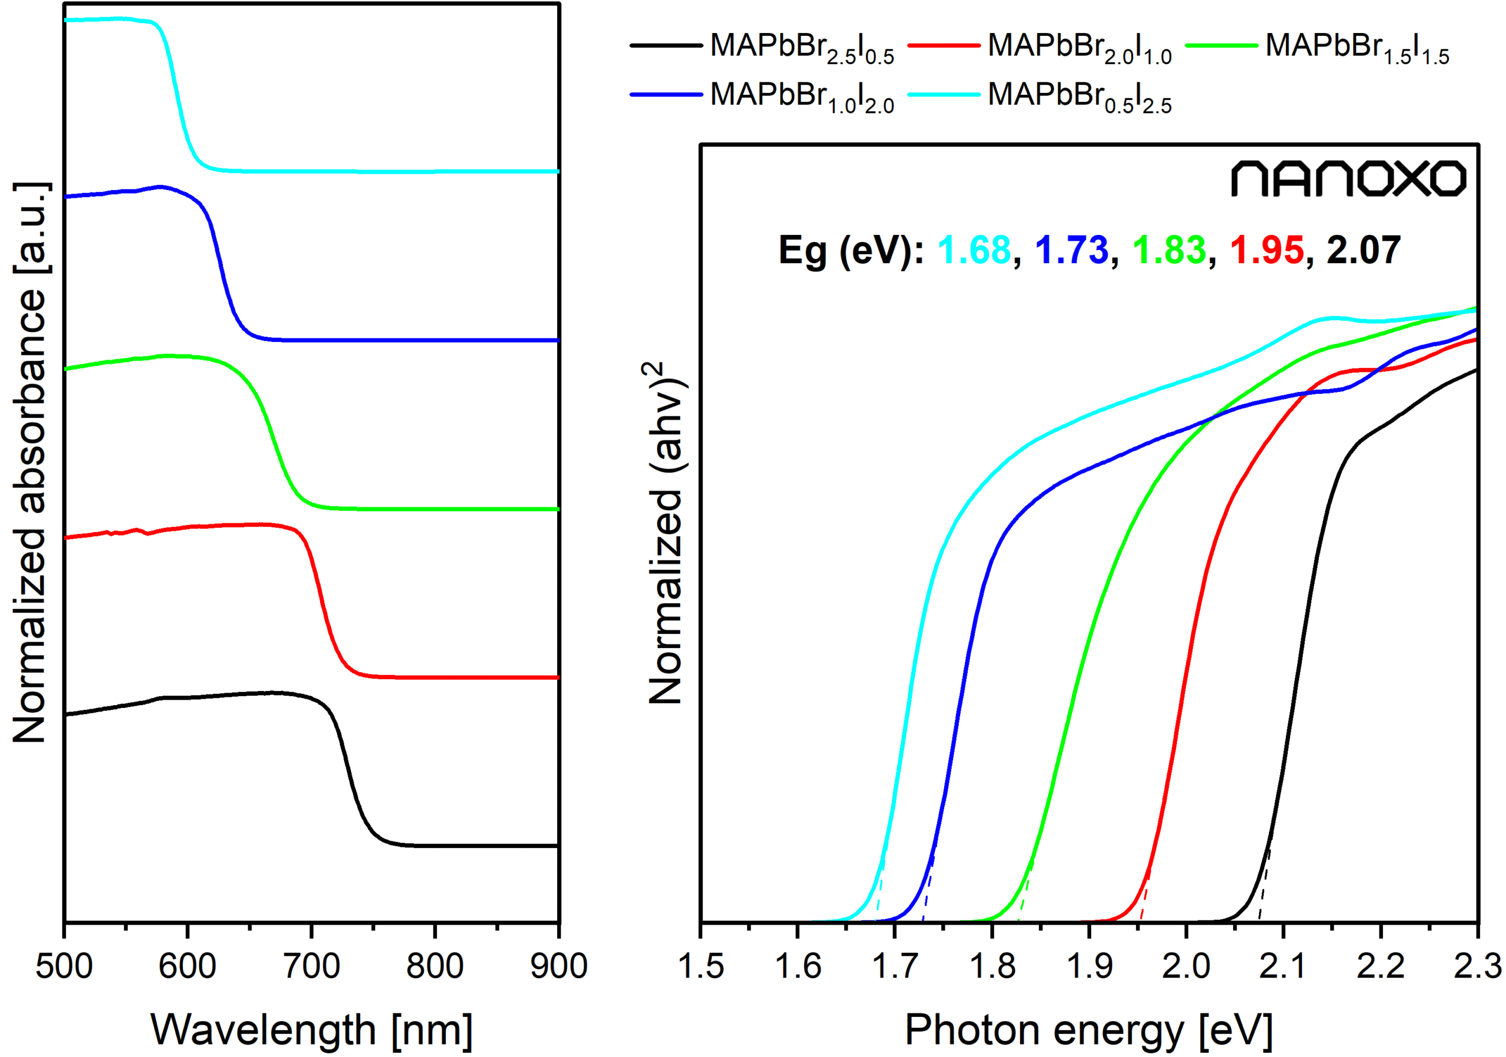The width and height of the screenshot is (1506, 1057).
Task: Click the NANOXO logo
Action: coord(1347,178)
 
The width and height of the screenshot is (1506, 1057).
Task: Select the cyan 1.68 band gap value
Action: coord(974,250)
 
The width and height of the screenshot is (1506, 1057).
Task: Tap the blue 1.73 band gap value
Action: coord(1071,250)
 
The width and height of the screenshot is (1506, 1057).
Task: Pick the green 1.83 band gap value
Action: coord(1169,250)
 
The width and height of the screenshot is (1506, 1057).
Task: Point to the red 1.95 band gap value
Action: coord(1267,250)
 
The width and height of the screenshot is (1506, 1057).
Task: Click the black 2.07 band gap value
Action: coord(1364,250)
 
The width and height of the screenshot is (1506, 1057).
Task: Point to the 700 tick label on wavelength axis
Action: coord(312,966)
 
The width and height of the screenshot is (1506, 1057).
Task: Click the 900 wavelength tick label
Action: coord(559,966)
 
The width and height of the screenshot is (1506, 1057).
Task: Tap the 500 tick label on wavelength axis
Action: coord(64,966)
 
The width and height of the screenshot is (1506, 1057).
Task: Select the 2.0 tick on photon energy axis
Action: coord(1186,966)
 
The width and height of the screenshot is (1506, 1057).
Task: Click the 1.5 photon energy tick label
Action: coord(701,966)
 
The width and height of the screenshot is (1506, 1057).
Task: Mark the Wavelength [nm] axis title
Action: coord(312,1029)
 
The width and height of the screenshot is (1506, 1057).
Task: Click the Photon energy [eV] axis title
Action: coord(1089,1029)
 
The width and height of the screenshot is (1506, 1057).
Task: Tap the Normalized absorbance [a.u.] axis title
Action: coord(29,463)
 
